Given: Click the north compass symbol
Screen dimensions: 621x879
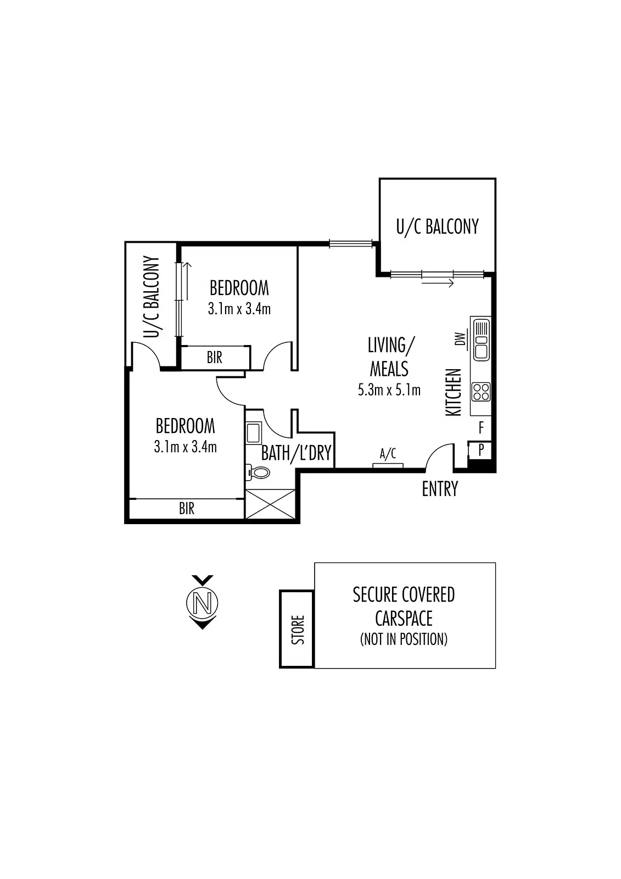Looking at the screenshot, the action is coord(202,603).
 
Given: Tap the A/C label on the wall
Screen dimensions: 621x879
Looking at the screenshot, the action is coord(388,454).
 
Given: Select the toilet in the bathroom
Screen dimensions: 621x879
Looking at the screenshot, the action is coord(259,472).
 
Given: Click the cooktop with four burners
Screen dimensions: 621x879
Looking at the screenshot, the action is coord(482,392).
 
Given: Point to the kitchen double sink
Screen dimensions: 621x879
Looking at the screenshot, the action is coord(482,340).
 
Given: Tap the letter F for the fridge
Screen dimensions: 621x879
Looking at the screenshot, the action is coord(481,427).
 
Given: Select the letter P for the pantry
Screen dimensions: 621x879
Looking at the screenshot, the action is coord(481,450).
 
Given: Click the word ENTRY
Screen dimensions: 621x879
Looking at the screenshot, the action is coord(440,489).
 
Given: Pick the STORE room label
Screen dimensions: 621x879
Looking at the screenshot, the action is coord(297,630).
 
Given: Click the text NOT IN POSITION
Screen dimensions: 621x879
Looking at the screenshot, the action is coord(404,639).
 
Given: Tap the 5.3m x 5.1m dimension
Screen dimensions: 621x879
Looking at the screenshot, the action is coord(389,390).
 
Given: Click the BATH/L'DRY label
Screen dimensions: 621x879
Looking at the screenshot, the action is coord(296,453).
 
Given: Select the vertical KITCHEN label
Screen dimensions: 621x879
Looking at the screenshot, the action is coord(454,392).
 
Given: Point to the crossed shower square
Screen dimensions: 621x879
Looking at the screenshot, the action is coord(271,505).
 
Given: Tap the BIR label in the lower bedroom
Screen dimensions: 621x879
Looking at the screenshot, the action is coord(187,508).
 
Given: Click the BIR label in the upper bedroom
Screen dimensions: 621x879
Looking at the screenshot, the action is coord(215,358).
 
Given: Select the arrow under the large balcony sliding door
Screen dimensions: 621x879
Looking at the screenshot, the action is coord(438,283).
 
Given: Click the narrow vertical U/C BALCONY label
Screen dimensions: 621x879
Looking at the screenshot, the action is coord(151,297).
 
